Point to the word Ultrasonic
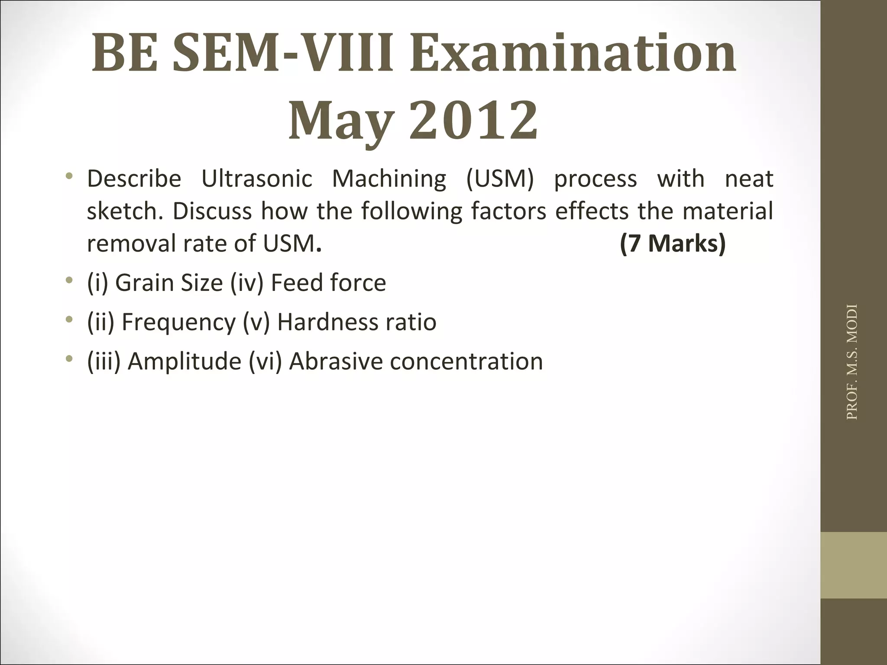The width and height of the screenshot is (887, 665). [x=256, y=178]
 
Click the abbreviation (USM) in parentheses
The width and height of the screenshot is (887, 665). [x=500, y=178]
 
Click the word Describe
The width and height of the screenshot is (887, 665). [x=134, y=178]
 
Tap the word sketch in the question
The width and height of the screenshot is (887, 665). [x=124, y=211]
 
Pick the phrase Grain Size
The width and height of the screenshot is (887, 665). [x=169, y=283]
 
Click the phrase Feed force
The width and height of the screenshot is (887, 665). [x=328, y=283]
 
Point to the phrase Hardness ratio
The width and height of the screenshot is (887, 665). [x=356, y=322]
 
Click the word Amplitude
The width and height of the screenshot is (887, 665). [x=185, y=361]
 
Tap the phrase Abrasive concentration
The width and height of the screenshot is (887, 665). [x=416, y=361]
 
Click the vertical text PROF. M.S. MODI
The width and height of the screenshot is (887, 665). [x=851, y=362]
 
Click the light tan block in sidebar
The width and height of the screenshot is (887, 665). [x=853, y=565]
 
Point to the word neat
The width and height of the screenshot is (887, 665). [x=749, y=178]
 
